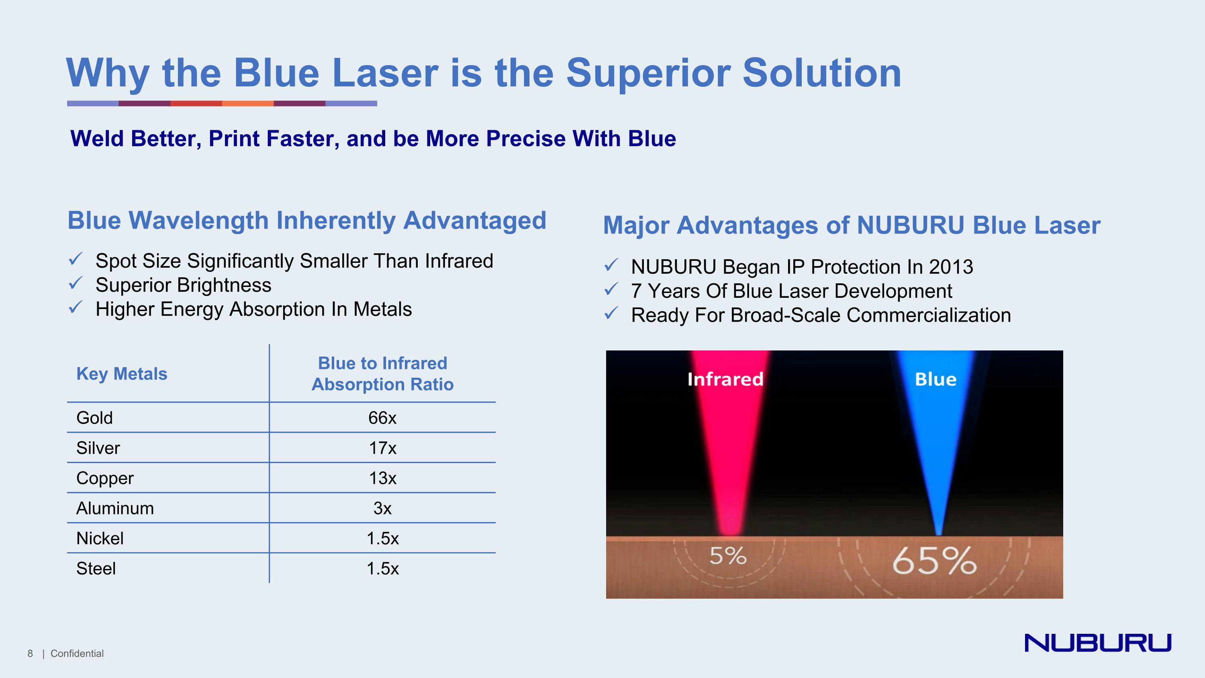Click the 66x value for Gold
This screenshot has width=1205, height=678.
point(382,418)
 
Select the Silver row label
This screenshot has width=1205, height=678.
point(98,448)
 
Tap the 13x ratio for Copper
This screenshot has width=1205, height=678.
point(382,478)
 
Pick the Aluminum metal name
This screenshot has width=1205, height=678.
point(115,508)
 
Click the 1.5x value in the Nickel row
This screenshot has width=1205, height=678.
point(382,539)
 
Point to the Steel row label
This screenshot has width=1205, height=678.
point(96,569)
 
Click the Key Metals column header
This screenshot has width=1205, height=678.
point(122,374)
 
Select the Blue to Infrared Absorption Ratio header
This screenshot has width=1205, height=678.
point(382,373)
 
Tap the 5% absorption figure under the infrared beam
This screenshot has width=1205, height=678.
point(727,556)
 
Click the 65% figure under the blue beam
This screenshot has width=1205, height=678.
point(934,561)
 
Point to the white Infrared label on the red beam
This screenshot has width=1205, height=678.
point(725,379)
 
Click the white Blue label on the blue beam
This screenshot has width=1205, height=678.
point(935,379)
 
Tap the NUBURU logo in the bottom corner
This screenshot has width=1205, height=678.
point(1098,643)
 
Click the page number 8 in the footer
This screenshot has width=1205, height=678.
point(31,653)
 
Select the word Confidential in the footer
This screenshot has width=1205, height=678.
point(77,653)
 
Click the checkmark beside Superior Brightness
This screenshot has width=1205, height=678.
point(76,284)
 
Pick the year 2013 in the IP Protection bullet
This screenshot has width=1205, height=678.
point(951,267)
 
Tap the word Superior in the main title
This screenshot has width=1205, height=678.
point(648,73)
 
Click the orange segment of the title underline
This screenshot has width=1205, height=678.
point(247,103)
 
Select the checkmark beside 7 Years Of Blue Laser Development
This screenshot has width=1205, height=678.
point(611,290)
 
